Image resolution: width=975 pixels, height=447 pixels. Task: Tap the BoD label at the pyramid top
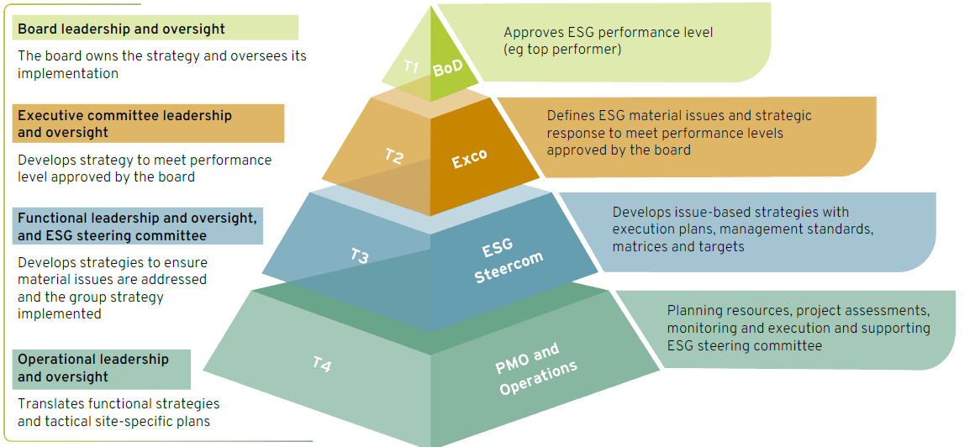448,68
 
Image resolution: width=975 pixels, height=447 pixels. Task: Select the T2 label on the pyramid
393,155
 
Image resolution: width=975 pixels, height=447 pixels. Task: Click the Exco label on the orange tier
470,159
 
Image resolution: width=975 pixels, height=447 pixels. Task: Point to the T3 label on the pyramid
360,255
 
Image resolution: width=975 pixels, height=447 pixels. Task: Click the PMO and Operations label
535,369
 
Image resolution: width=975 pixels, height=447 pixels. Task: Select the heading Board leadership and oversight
121,29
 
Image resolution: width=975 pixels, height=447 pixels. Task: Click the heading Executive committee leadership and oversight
125,124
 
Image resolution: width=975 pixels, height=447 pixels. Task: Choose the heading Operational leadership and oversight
93,368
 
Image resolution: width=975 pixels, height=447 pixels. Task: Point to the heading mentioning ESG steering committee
137,227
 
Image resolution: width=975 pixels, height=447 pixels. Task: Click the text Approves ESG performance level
609,32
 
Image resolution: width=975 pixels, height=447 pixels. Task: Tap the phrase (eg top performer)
562,49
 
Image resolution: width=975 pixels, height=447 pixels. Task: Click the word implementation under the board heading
68,73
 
